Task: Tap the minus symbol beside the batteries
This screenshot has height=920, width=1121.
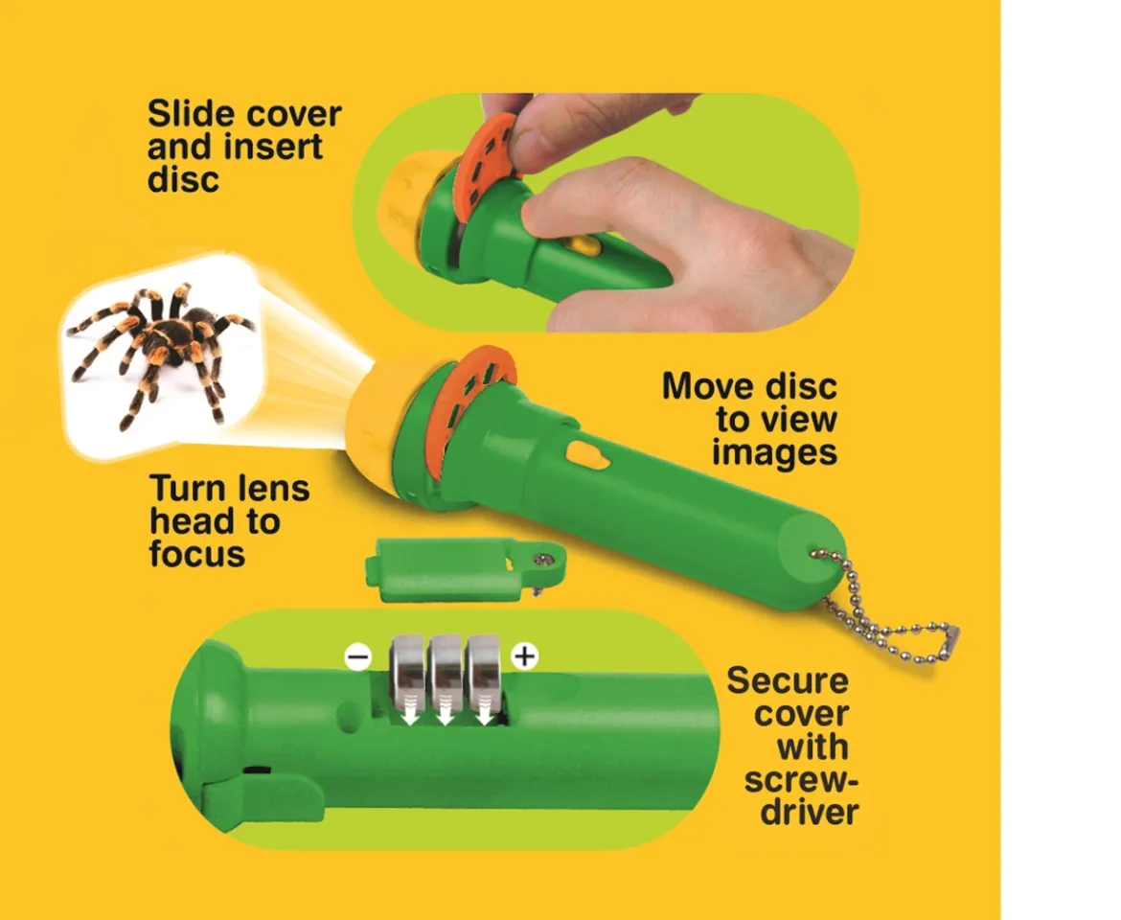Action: [x=357, y=657]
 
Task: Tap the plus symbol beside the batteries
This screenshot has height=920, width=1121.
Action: [x=525, y=655]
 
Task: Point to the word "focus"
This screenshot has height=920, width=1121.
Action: [x=196, y=553]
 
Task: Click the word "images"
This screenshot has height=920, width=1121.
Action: [x=774, y=453]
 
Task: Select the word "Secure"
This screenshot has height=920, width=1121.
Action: [x=788, y=680]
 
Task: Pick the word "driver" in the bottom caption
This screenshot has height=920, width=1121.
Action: [x=810, y=812]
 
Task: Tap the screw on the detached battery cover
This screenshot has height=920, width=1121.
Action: [x=548, y=560]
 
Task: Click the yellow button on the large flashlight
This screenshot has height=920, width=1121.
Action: [x=587, y=454]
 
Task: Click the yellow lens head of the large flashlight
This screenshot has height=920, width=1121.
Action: [x=382, y=422]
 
